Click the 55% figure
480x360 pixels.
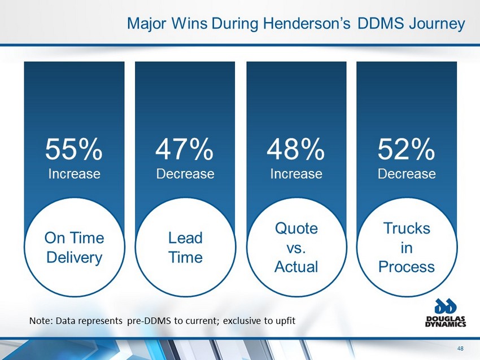74,150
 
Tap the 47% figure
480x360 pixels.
185,150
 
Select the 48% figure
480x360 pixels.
296,150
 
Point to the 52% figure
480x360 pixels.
407,150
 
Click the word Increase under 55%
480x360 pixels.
74,174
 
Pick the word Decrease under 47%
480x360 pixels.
185,174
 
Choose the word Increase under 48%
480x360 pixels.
296,174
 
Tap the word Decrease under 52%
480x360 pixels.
407,174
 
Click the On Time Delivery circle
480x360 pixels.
74,247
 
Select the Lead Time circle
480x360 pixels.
185,247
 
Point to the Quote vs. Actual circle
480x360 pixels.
296,247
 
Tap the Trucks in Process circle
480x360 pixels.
407,247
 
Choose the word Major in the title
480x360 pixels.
146,24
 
